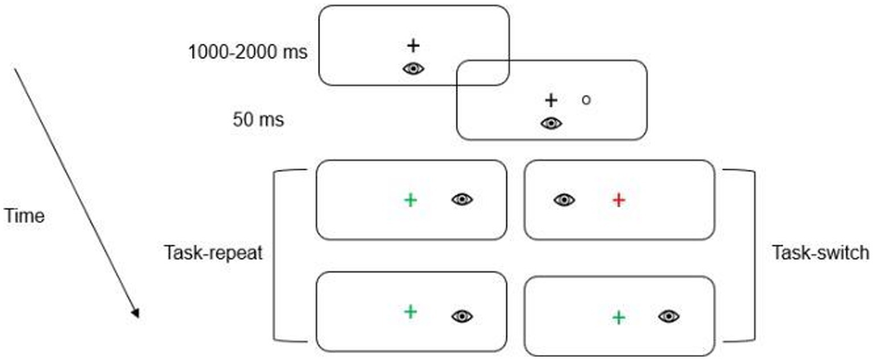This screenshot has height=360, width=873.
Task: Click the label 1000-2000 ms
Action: [247, 53]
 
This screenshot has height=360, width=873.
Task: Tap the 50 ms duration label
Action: [258, 120]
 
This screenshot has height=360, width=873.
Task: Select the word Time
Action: [24, 216]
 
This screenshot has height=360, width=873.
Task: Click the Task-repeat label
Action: [213, 253]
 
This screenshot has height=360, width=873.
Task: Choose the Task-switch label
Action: [820, 253]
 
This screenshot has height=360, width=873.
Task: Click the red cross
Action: [619, 200]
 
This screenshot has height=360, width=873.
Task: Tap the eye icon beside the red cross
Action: [564, 200]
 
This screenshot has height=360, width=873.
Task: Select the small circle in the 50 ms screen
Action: [586, 100]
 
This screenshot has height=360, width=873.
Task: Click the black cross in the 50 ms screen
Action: [551, 101]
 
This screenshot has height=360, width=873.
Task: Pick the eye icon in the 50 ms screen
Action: [551, 123]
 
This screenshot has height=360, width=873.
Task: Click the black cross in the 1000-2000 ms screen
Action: [413, 45]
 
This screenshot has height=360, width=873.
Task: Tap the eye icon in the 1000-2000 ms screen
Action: [413, 69]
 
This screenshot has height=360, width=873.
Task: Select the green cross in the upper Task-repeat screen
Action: [410, 200]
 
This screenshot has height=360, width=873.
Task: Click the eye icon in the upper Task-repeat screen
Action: [462, 199]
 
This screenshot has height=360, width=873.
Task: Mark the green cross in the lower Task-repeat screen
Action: [410, 311]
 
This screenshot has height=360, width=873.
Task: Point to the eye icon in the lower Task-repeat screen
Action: [462, 316]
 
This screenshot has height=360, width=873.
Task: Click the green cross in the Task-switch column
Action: [619, 317]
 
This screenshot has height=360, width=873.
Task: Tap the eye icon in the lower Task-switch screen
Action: [669, 316]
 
